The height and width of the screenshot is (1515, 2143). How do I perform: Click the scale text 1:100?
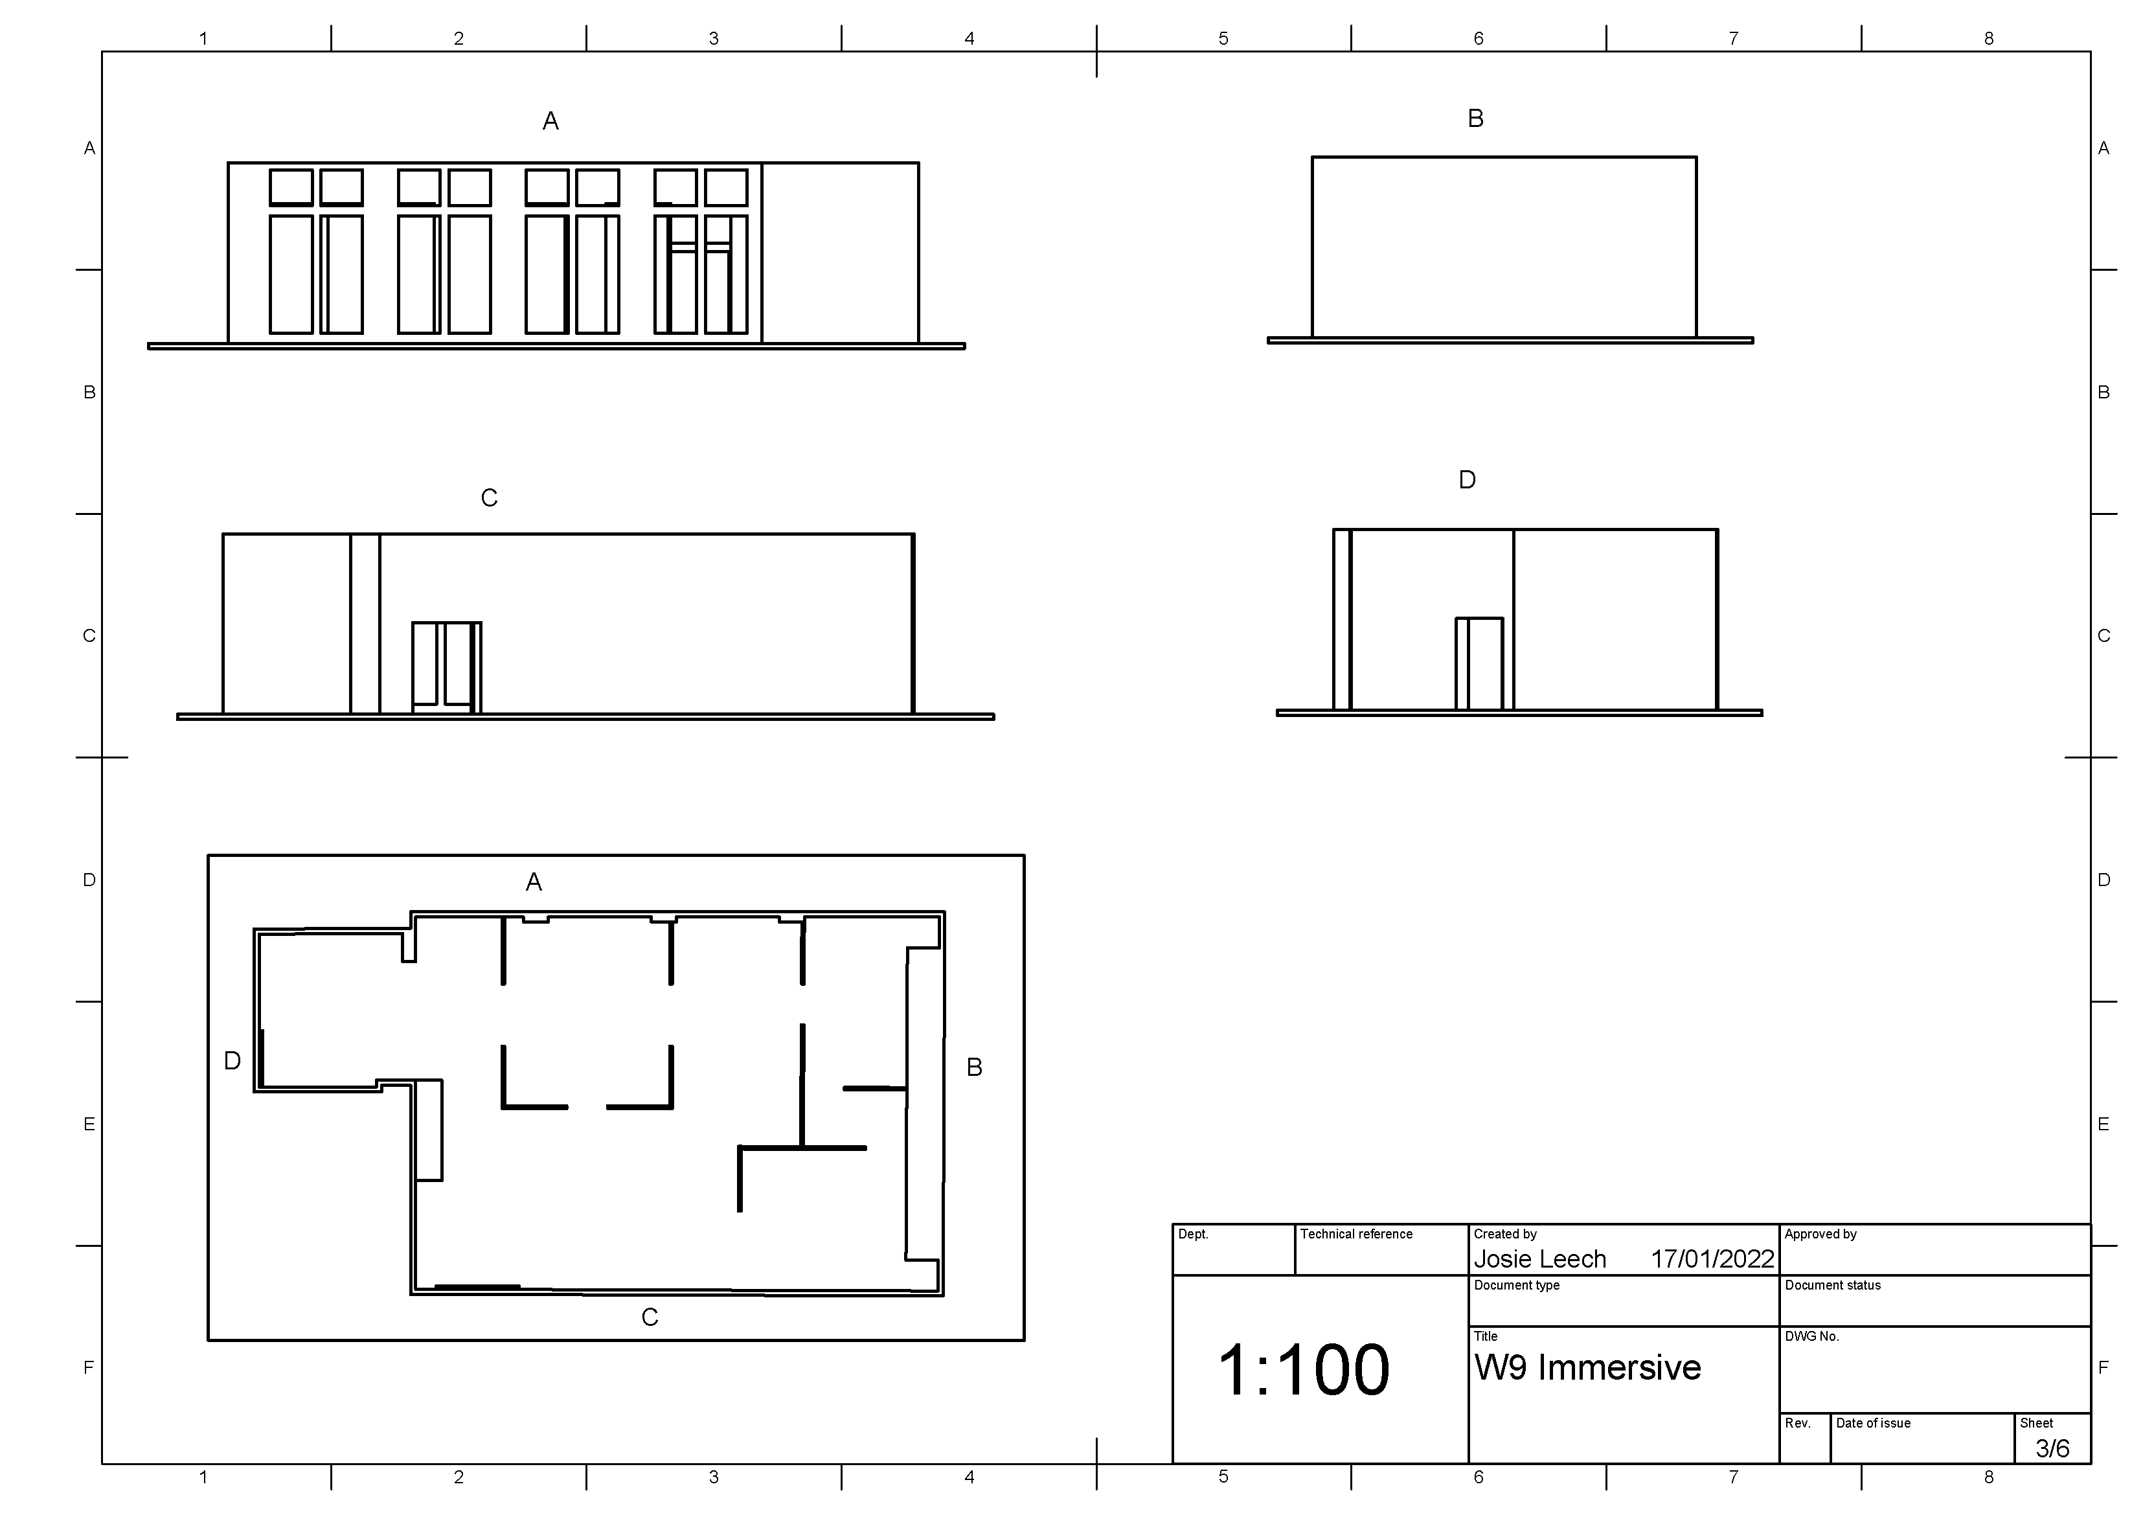[x=1304, y=1371]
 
